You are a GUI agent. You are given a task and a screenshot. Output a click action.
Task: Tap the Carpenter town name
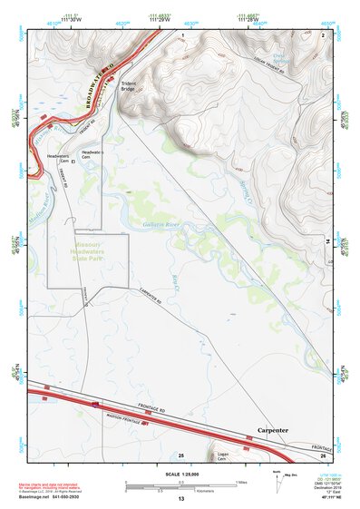[273, 429]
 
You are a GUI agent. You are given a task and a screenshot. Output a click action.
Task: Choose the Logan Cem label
[220, 458]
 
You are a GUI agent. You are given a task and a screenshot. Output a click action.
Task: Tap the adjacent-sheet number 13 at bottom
[181, 499]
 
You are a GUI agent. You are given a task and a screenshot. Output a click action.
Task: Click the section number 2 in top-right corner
[323, 34]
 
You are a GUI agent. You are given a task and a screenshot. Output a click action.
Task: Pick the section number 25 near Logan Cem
[180, 454]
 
